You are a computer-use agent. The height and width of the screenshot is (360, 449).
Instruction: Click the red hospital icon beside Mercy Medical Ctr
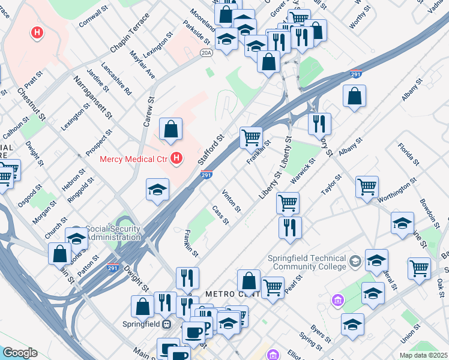176,159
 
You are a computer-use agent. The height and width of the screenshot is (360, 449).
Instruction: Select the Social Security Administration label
113,233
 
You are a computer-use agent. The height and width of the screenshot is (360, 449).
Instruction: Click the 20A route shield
206,53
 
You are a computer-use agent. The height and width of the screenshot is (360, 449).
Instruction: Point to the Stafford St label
214,146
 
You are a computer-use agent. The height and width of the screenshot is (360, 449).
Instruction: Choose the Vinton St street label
231,201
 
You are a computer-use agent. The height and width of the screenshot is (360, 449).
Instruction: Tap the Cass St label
221,215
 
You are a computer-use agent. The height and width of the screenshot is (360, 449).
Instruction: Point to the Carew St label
149,112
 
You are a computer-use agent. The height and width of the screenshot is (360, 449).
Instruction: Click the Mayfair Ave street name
142,65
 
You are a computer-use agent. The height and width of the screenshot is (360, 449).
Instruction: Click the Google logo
20,353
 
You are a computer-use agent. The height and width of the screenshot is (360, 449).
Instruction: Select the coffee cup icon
193,332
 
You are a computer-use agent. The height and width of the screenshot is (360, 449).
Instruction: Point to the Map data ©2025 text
423,355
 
